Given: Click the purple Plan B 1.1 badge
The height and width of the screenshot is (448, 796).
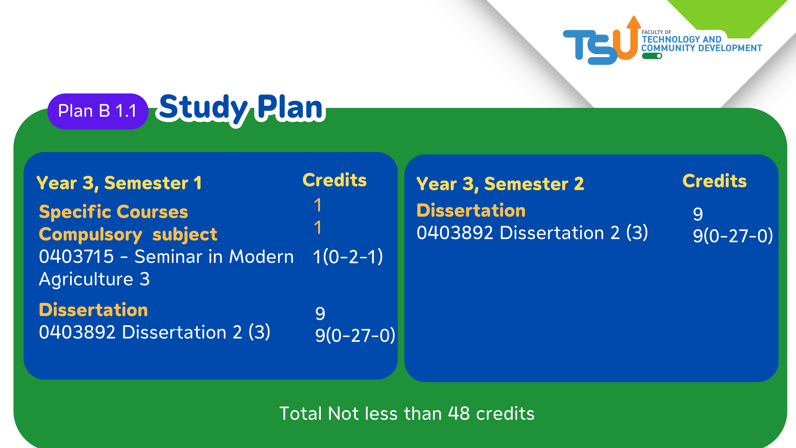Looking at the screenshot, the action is [98, 111].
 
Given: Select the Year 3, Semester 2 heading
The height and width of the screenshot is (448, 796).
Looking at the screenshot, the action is [500, 184].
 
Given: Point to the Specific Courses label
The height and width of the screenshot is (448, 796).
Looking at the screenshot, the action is [113, 212].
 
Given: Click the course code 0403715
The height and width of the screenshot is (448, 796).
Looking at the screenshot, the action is [76, 257].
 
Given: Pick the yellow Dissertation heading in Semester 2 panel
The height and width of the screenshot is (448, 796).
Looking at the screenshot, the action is [471, 211].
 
